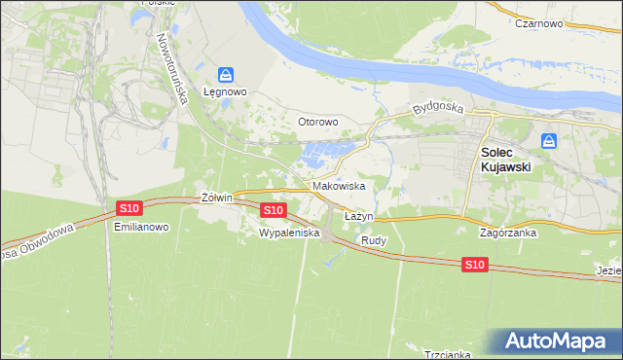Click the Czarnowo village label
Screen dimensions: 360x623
point(540,22)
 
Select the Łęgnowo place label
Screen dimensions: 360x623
point(226,92)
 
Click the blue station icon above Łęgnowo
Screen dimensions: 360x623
point(226,74)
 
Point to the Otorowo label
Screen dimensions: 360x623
point(317,122)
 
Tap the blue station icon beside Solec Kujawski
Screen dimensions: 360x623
point(549,141)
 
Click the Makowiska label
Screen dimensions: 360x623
point(338,185)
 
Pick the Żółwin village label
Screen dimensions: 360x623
point(216,198)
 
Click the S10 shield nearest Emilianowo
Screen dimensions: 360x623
point(129,208)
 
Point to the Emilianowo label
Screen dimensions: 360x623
point(141,227)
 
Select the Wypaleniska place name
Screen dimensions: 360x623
point(289,234)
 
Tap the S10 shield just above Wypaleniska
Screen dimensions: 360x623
point(274,210)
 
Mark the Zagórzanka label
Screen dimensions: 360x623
point(510,234)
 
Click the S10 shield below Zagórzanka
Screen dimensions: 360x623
point(474,265)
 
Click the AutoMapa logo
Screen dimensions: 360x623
point(558,342)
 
